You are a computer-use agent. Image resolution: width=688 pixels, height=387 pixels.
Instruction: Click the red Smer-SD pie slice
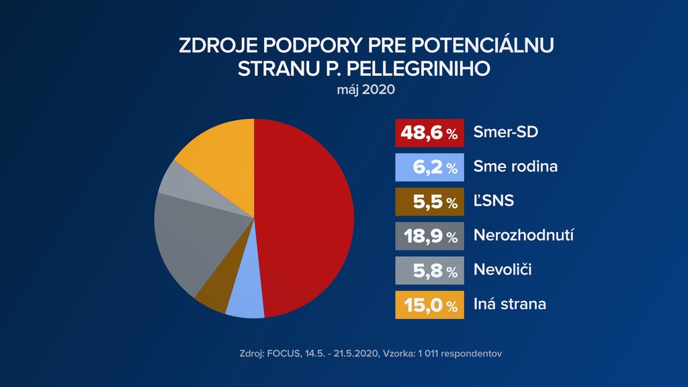(x=306, y=215)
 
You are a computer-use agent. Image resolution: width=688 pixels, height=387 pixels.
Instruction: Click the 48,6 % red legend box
(x=429, y=133)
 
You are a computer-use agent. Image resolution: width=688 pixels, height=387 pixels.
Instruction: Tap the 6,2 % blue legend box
(x=429, y=167)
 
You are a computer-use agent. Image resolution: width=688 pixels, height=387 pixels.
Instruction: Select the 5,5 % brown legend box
(x=429, y=202)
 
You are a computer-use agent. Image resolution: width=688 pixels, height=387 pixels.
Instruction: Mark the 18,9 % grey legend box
(x=429, y=236)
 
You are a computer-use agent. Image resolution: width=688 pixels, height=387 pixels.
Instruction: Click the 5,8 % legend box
(x=429, y=270)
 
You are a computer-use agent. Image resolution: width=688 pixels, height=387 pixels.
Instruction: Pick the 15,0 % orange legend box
(x=429, y=304)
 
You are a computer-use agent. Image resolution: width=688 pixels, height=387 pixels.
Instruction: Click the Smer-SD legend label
(x=506, y=132)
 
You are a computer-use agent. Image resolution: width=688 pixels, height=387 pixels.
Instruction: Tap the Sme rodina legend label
(x=515, y=167)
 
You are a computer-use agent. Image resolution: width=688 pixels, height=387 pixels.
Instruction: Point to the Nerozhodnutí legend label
(x=523, y=235)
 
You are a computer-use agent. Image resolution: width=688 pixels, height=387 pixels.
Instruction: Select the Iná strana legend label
(x=510, y=304)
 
